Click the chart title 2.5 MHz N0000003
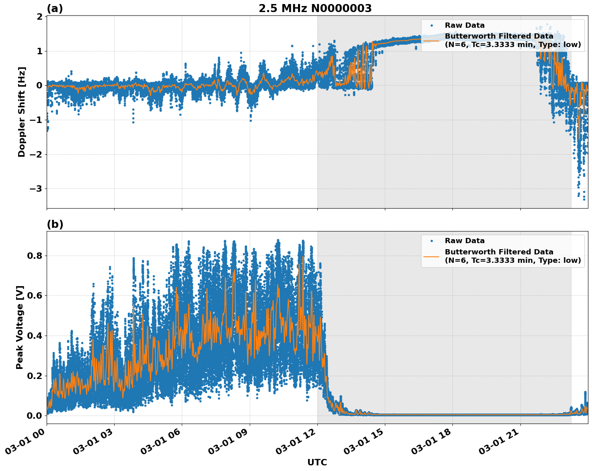tap(315, 8)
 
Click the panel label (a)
tap(55, 8)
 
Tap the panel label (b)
tap(55, 224)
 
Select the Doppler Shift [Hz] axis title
tap(22, 112)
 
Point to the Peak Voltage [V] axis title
tap(20, 327)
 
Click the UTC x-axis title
tap(317, 462)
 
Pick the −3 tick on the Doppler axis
tap(37, 189)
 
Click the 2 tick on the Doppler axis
tap(39, 17)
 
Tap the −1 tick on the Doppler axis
tap(37, 120)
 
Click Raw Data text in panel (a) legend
tap(465, 25)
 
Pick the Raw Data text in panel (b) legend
tap(465, 241)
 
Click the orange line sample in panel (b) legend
tap(432, 256)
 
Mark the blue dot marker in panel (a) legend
tap(432, 25)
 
